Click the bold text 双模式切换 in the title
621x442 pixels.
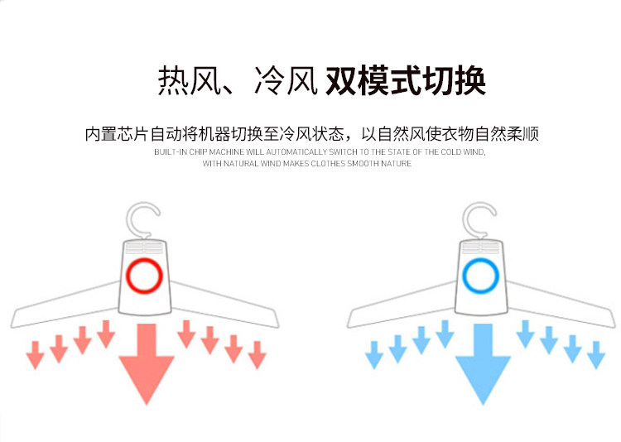[405, 81]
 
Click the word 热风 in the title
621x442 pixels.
[181, 81]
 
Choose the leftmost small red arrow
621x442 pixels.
[35, 355]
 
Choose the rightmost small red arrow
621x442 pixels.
[258, 354]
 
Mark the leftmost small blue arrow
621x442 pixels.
[373, 355]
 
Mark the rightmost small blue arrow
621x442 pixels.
[596, 354]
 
